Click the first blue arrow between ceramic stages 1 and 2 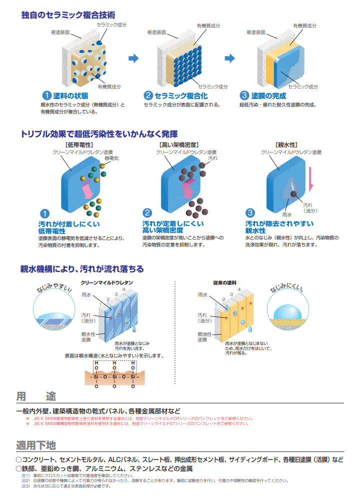coord(133,58)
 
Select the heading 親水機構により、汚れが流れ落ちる coord(82,269)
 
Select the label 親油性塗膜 coord(203,335)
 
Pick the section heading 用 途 coord(36,396)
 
